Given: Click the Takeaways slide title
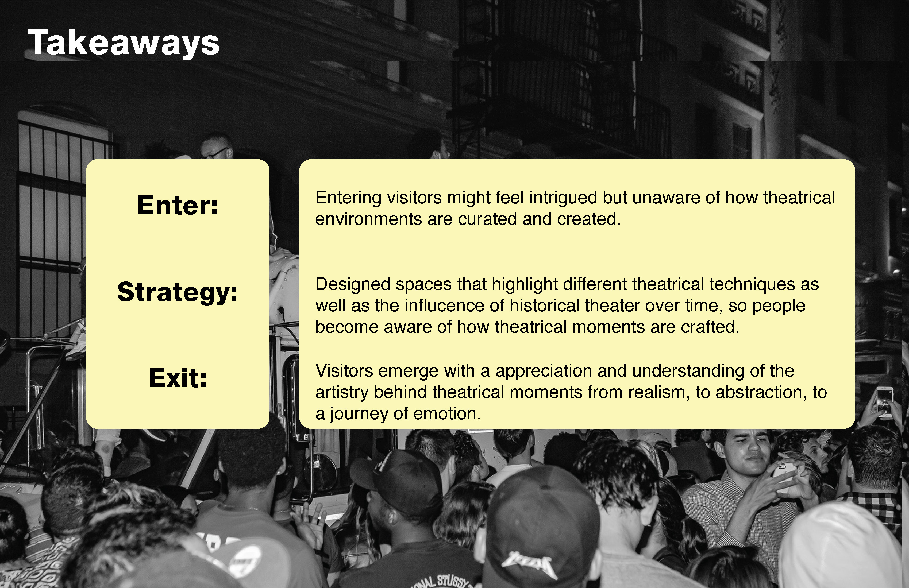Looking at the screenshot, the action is tap(123, 43).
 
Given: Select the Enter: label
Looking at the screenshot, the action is tap(178, 206).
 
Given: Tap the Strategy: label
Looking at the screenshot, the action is tap(178, 292).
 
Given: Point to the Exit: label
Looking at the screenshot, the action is tap(178, 378).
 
